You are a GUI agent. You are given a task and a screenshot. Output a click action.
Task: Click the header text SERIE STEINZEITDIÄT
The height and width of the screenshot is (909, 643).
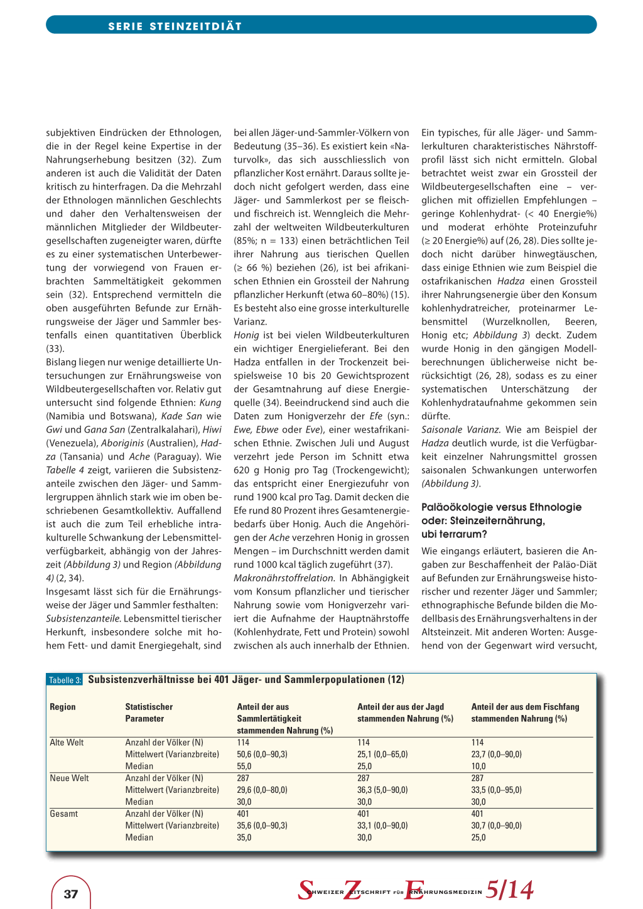click(x=175, y=26)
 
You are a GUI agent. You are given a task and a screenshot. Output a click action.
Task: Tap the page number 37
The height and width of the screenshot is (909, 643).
click(x=71, y=894)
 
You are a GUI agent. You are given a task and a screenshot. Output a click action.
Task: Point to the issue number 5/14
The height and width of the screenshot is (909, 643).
click(x=509, y=890)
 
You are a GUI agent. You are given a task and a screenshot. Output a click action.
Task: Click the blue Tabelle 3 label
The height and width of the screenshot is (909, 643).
click(x=65, y=680)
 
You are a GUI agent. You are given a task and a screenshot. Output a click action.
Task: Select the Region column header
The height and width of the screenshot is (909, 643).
click(x=63, y=707)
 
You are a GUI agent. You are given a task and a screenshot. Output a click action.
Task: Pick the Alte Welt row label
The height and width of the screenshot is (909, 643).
click(x=67, y=743)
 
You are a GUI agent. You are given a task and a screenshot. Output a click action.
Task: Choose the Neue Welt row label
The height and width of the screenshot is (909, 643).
click(x=69, y=778)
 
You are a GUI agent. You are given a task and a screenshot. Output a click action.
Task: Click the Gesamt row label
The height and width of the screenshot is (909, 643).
click(x=64, y=814)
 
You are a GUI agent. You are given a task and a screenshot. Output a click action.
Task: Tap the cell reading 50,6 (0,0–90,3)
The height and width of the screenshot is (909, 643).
click(x=262, y=755)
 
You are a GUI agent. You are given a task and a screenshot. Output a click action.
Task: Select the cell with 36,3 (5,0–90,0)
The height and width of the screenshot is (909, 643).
click(x=382, y=790)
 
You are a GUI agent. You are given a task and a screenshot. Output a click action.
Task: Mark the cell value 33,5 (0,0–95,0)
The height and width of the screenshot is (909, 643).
click(x=496, y=790)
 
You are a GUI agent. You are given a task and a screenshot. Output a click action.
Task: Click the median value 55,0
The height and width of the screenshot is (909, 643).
click(x=244, y=766)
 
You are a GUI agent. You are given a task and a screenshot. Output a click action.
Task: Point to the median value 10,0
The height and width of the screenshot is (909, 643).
click(x=478, y=766)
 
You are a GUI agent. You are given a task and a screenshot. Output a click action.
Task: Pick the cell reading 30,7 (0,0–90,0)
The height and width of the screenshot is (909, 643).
click(x=496, y=826)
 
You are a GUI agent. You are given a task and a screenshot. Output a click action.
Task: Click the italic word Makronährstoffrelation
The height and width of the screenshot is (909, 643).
click(x=284, y=578)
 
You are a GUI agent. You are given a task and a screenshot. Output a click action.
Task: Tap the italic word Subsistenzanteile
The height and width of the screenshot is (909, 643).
click(x=83, y=619)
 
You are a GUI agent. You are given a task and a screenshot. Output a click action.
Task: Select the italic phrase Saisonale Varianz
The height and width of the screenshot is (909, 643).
click(x=461, y=430)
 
